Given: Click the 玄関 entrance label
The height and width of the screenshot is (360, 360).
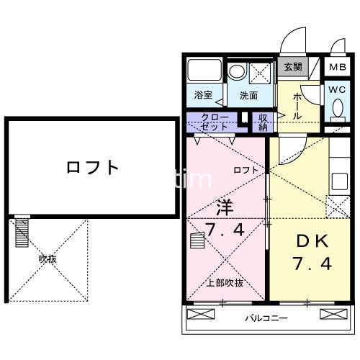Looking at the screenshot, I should [x=292, y=67].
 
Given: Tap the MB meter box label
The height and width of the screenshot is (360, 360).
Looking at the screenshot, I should [x=337, y=67].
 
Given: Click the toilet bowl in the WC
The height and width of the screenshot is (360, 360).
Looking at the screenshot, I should [x=338, y=110].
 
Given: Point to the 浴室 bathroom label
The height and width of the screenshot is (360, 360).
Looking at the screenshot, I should [x=203, y=95].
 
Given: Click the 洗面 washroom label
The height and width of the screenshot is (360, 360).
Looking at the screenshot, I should [x=249, y=95].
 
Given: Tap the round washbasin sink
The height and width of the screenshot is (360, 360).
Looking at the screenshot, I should [x=237, y=72].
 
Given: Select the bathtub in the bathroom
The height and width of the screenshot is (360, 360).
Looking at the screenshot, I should [x=204, y=72].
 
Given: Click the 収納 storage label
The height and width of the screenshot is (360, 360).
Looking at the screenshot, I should [x=264, y=122].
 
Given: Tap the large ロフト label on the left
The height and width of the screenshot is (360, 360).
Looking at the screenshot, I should [x=92, y=168].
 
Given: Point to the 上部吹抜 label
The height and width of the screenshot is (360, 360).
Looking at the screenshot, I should [x=225, y=282].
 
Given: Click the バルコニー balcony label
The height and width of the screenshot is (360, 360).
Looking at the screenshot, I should [x=265, y=317].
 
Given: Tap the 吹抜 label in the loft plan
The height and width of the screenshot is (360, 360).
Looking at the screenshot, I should [x=48, y=257].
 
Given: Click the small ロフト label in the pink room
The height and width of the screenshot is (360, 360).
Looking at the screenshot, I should [x=245, y=170].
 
